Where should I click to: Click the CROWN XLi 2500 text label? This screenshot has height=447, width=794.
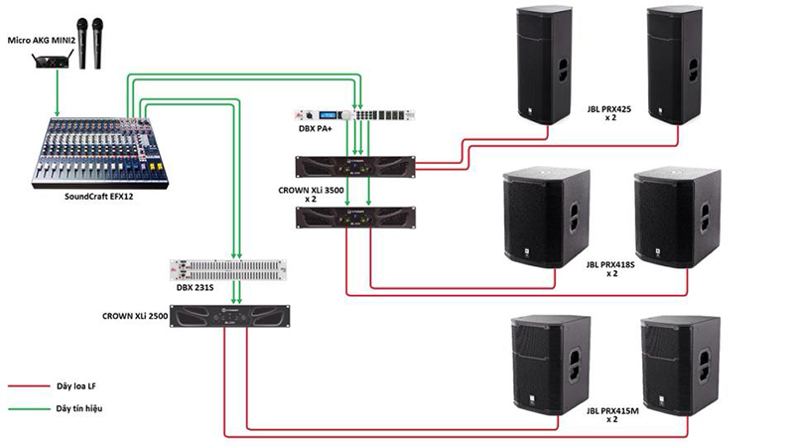(x=134, y=315)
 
